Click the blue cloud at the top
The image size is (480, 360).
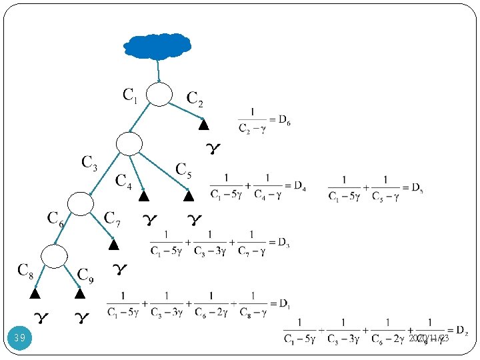(157, 45)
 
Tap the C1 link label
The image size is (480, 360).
(130, 95)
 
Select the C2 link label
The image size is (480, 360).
(195, 99)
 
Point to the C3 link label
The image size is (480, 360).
(89, 162)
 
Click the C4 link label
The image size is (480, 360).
(123, 180)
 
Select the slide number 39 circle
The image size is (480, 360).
(20, 338)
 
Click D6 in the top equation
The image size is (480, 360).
(284, 121)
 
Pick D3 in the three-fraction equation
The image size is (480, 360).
(283, 241)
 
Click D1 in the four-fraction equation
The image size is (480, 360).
(283, 303)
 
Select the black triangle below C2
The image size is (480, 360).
(204, 125)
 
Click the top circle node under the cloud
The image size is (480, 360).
(159, 94)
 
